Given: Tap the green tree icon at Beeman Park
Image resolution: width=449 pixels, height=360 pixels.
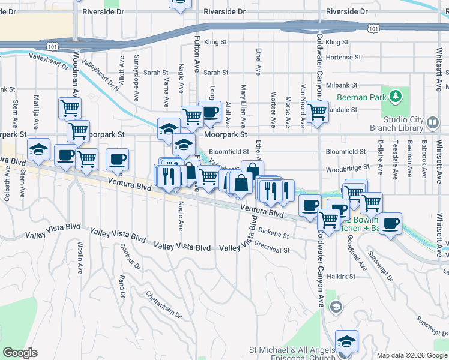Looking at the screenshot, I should click(395, 96).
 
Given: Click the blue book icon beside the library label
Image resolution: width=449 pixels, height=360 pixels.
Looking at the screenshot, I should click(433, 124).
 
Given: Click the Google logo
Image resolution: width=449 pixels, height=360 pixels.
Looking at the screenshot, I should click(19, 353).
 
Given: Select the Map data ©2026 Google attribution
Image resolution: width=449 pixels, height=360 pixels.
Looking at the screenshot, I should click(412, 355).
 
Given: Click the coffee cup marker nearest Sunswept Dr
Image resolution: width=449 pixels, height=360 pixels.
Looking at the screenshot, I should click(391, 224).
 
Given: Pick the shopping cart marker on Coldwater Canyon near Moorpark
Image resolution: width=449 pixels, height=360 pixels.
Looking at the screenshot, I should click(317, 111).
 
